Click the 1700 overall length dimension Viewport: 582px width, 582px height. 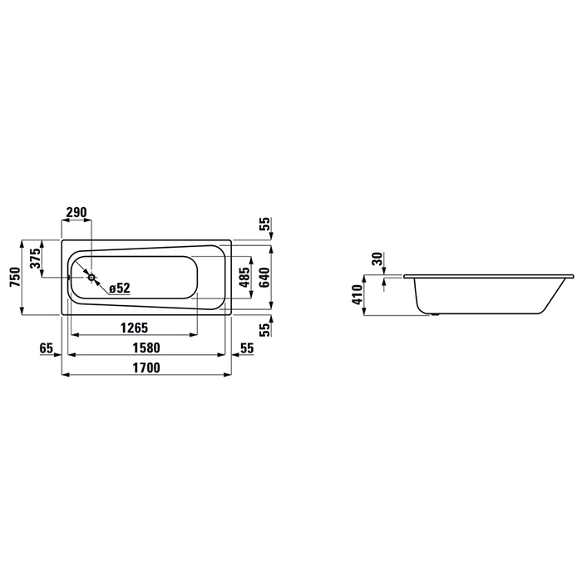pos(146,367)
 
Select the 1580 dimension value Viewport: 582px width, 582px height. pos(146,348)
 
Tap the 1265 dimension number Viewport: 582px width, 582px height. pos(134,328)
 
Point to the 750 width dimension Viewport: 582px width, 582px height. pos(15,277)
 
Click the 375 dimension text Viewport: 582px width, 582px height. pos(35,259)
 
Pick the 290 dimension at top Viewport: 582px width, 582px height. pos(76,212)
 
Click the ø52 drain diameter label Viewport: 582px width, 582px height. pos(120,288)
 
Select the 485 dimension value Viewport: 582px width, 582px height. pos(244,277)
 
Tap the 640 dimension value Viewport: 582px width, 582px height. pos(264,277)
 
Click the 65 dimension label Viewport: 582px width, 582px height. pos(47,348)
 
